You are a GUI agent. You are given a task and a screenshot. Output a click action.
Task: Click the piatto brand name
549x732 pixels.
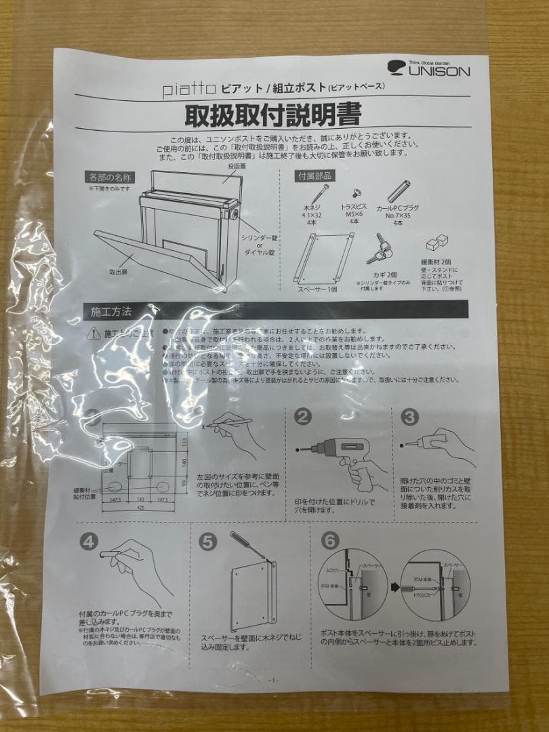tap(189, 87)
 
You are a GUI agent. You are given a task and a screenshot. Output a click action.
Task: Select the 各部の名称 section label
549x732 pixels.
tap(111, 177)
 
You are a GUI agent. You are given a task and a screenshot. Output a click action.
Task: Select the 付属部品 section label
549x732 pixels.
tap(314, 176)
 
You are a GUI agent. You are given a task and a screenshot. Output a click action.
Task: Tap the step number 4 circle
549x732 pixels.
tap(89, 540)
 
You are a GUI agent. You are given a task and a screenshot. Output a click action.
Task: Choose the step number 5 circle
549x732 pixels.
tap(209, 540)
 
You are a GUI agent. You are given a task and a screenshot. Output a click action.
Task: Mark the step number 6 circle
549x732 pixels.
tap(329, 540)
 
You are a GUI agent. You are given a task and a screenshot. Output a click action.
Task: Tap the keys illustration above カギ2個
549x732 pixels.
tap(378, 249)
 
